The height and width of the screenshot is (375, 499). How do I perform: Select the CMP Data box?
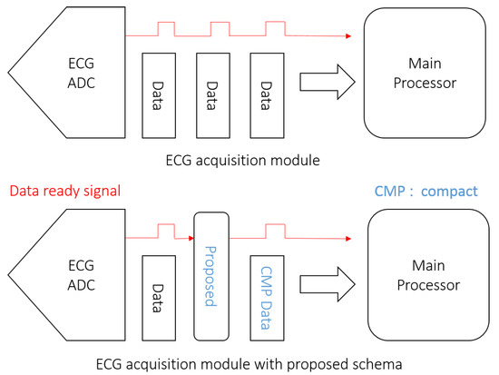[x=266, y=291]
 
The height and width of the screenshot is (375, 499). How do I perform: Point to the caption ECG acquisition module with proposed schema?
[x=248, y=361]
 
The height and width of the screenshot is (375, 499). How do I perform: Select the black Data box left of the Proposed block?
[x=159, y=291]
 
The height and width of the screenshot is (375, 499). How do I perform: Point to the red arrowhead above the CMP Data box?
[x=347, y=239]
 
